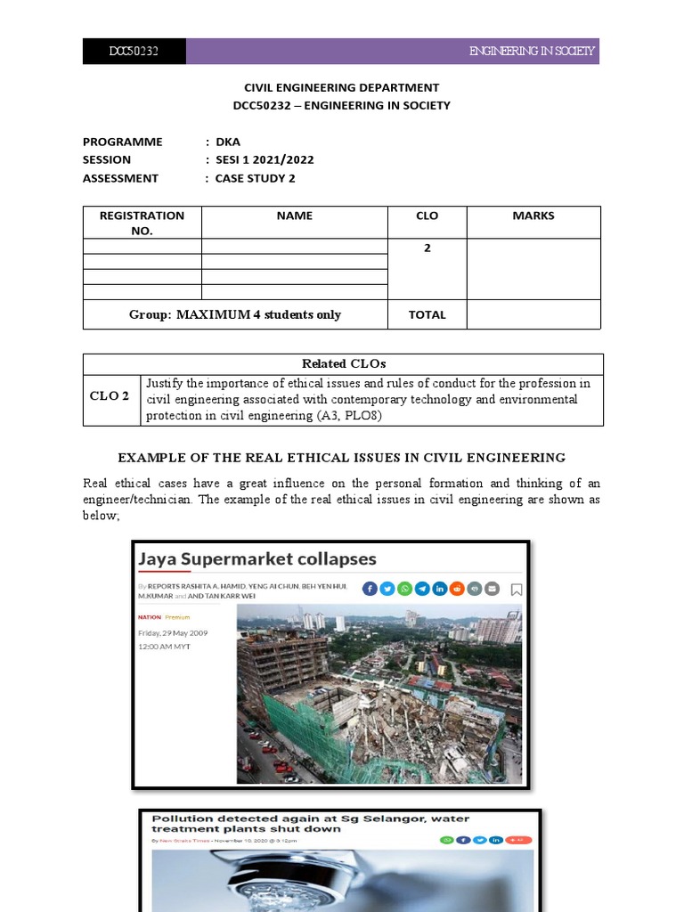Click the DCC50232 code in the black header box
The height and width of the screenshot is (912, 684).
[x=134, y=52]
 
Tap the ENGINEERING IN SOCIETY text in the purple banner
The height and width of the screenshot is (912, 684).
[x=532, y=52]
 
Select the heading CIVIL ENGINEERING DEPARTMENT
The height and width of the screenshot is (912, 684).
[x=342, y=87]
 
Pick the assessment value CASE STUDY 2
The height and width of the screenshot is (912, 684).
[x=255, y=178]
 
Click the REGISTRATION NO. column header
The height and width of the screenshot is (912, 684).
[x=142, y=223]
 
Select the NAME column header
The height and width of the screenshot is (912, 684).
[x=294, y=216]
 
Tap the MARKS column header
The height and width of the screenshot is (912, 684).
[x=533, y=216]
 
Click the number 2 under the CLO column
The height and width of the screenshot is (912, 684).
[x=427, y=248]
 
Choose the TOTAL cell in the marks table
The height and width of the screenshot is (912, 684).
[x=427, y=314]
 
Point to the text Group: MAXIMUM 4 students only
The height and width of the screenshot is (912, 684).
[x=234, y=314]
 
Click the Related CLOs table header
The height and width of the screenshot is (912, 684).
[x=342, y=363]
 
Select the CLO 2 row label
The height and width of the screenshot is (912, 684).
[x=111, y=396]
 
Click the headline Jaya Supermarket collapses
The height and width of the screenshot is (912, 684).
[x=256, y=559]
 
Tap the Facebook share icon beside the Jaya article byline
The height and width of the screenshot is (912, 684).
[x=370, y=589]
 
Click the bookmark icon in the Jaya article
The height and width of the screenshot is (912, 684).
[x=517, y=590]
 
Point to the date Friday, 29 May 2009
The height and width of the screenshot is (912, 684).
[x=172, y=633]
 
